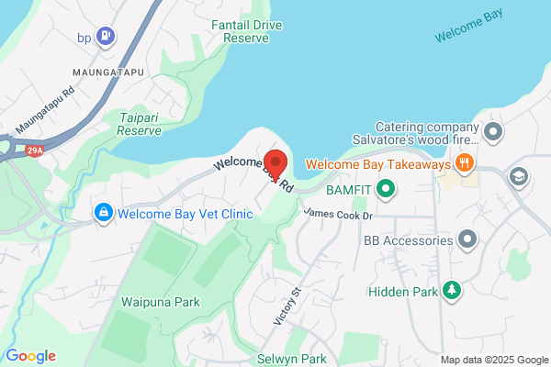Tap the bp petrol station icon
pyautogui.click(x=108, y=37)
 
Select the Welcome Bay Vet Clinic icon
pyautogui.click(x=104, y=214)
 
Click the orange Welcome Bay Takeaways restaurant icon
pyautogui.click(x=466, y=163)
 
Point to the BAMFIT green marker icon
pyautogui.click(x=387, y=190)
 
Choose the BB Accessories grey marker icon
pyautogui.click(x=467, y=240)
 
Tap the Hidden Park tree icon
pyautogui.click(x=451, y=291)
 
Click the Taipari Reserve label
pyautogui.click(x=140, y=124)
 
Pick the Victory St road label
pyautogui.click(x=287, y=306)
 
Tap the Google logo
pyautogui.click(x=30, y=356)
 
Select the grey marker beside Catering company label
pyautogui.click(x=494, y=132)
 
